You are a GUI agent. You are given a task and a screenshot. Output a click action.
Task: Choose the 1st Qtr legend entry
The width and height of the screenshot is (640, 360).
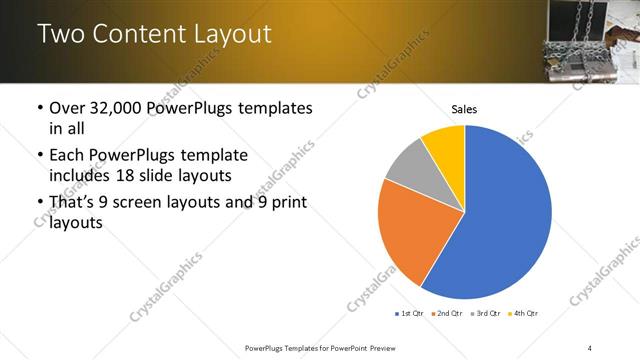click(x=410, y=313)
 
